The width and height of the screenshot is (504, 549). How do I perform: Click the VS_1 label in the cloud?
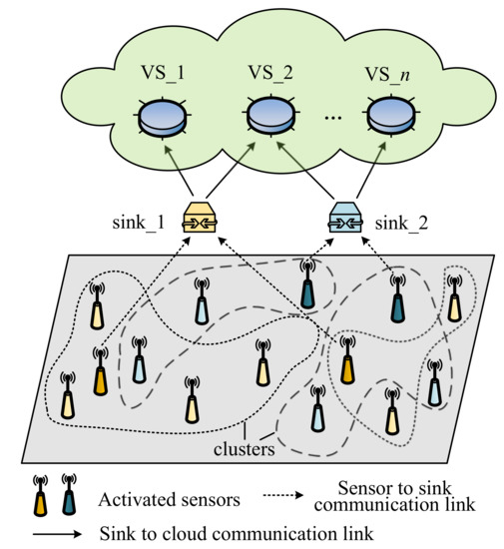tap(163, 74)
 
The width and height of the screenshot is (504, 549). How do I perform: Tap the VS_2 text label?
tap(272, 74)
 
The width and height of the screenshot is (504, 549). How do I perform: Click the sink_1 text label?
tap(141, 223)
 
